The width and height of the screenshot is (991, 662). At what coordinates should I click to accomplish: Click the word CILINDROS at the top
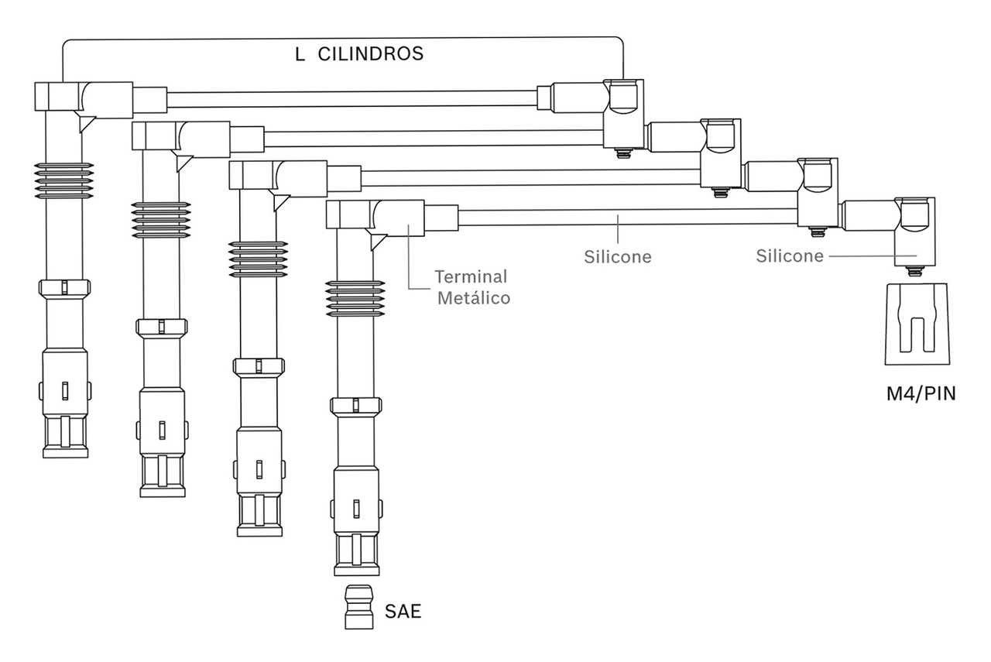pyautogui.click(x=371, y=53)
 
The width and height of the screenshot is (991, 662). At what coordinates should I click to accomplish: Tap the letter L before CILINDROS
pyautogui.click(x=300, y=54)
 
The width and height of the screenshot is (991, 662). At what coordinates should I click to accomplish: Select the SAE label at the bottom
pyautogui.click(x=403, y=611)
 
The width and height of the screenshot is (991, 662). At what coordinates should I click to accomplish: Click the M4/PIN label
pyautogui.click(x=921, y=393)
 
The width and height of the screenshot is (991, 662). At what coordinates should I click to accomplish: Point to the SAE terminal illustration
pyautogui.click(x=358, y=607)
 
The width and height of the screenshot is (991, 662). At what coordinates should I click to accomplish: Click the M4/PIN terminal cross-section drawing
pyautogui.click(x=917, y=324)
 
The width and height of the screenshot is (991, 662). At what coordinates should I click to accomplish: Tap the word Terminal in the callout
pyautogui.click(x=471, y=276)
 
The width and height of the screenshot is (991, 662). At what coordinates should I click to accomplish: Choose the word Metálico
pyautogui.click(x=474, y=298)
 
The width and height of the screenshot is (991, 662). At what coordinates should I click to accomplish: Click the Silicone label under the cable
pyautogui.click(x=618, y=256)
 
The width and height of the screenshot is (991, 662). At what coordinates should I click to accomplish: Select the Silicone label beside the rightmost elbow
pyautogui.click(x=790, y=256)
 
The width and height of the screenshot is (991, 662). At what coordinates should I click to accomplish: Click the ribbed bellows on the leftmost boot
pyautogui.click(x=64, y=180)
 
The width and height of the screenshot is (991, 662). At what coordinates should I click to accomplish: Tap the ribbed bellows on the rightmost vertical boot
pyautogui.click(x=355, y=299)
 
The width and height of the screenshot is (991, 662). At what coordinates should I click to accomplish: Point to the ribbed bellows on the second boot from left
pyautogui.click(x=161, y=220)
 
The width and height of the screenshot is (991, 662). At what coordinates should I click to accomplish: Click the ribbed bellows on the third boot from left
pyautogui.click(x=259, y=259)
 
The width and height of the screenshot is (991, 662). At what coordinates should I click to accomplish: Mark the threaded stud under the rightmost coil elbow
pyautogui.click(x=915, y=271)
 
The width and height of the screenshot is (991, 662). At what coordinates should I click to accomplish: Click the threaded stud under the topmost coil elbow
pyautogui.click(x=623, y=153)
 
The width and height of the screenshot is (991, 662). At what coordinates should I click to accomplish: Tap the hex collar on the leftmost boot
pyautogui.click(x=64, y=288)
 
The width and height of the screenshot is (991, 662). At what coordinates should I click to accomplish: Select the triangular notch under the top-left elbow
pyautogui.click(x=87, y=123)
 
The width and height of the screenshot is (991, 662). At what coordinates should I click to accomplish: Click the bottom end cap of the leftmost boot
pyautogui.click(x=66, y=453)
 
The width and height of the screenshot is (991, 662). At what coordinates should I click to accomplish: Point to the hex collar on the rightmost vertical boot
pyautogui.click(x=356, y=406)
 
